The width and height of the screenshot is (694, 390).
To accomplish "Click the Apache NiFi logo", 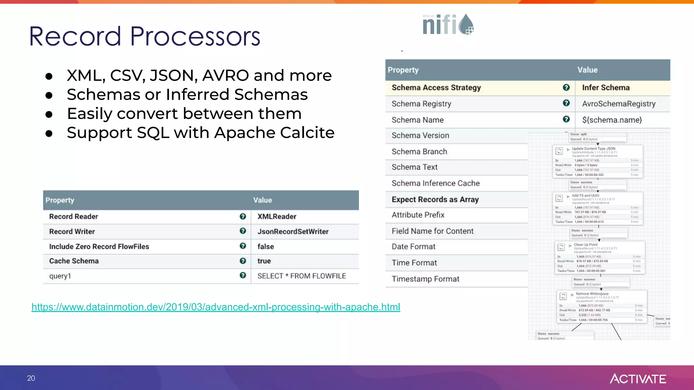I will tap(448, 24).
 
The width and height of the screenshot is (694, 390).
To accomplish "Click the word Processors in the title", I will tap(195, 37).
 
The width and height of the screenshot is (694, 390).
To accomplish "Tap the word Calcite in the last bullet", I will tap(307, 133).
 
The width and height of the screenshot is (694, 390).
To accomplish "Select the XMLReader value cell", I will tap(277, 217).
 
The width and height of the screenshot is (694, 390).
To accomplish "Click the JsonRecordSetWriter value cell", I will tap(293, 232).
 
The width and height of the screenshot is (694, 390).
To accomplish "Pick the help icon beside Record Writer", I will tap(243, 231).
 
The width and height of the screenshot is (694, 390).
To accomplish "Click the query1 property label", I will tap(60, 276).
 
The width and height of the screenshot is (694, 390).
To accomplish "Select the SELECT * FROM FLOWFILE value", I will tap(301, 276).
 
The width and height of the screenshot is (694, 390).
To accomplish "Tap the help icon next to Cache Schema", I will tap(243, 261).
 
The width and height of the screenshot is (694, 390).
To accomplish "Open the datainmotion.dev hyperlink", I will tap(216, 307).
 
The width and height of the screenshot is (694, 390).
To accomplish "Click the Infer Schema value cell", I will tap(606, 88).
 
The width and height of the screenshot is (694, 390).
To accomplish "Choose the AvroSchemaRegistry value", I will tap(618, 104).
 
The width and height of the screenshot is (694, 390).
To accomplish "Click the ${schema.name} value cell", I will tap(612, 120).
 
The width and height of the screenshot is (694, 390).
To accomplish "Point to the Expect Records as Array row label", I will tap(435, 199).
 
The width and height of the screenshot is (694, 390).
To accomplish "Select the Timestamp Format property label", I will tap(425, 279).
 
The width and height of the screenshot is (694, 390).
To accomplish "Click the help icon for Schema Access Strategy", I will tap(566, 87).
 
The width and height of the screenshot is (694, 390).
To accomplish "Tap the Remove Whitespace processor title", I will tap(592, 294).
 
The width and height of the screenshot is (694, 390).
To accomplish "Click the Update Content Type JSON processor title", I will tap(593, 149).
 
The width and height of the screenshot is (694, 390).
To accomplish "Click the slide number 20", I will tap(31, 378).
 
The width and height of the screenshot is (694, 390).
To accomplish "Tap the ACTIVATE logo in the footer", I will tap(638, 378).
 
